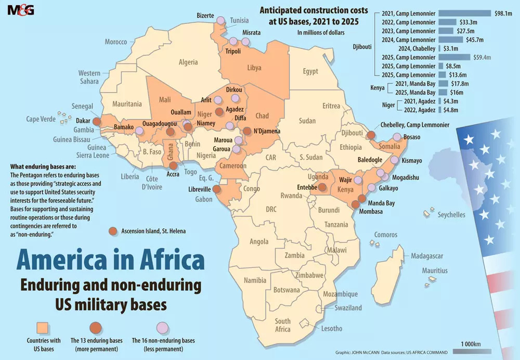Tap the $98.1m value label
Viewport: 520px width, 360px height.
[503, 13]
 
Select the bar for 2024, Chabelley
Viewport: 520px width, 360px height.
[440, 48]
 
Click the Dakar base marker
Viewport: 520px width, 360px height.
[96, 120]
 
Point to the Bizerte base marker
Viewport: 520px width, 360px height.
[220, 20]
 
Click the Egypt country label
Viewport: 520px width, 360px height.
[310, 71]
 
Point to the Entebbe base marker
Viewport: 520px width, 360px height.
[322, 188]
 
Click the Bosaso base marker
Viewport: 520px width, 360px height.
[397, 137]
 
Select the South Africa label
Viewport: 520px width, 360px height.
[282, 325]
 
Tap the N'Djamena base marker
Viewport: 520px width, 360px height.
[248, 132]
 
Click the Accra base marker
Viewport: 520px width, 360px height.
[173, 165]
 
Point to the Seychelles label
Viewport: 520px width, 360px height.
[451, 214]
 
